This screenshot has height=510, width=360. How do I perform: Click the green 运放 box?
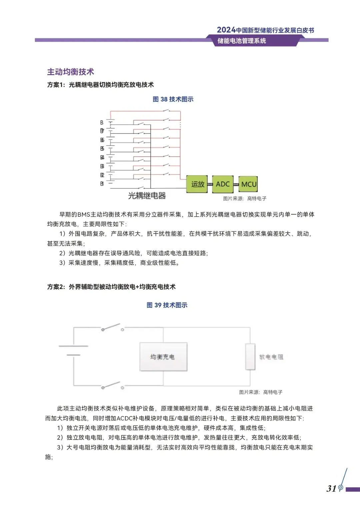197,184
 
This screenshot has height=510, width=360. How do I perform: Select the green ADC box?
223,184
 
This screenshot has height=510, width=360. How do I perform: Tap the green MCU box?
248,184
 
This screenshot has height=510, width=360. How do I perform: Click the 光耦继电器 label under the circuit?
147,196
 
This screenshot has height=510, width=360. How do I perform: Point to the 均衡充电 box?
163,357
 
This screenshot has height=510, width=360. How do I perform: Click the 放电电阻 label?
271,357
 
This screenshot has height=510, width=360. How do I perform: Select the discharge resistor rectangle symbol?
250,357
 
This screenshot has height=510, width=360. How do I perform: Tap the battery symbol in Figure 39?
73,350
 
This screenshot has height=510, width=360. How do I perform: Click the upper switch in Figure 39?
113,327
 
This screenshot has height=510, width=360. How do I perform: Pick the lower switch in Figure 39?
113,385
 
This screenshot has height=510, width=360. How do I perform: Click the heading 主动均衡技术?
71,72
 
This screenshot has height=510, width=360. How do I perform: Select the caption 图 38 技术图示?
173,99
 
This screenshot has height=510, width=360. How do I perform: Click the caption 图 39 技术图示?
167,305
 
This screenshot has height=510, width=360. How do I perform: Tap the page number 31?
331,489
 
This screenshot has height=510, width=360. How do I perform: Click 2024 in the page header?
226,30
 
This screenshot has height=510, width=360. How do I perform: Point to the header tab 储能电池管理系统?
242,41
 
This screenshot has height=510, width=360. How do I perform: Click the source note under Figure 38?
245,198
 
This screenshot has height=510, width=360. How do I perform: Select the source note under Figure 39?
261,392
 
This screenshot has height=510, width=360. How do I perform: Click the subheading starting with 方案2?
111,287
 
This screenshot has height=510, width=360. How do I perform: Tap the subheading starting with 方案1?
100,85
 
